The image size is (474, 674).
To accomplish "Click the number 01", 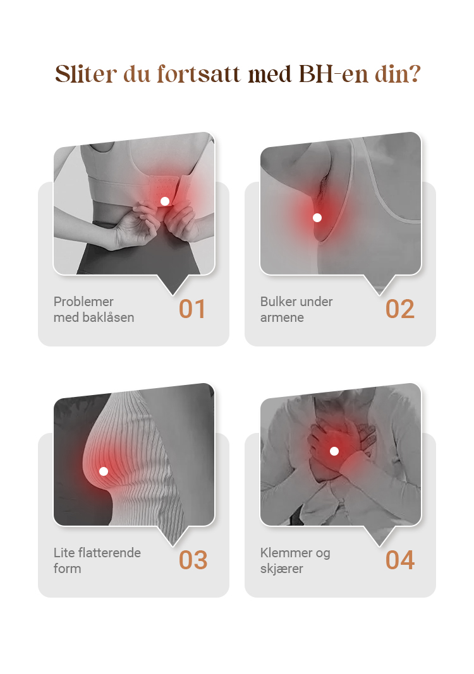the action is coord(192,309).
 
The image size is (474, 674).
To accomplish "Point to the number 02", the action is coord(400,309).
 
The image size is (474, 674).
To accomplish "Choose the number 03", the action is coord(193,560).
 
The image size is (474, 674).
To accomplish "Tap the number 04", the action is coord(400,560).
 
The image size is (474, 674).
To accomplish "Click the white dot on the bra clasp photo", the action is coord(165,201).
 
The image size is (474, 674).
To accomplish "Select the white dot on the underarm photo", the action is coord(317,218).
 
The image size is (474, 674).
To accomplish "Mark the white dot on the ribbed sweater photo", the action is coord(104,471).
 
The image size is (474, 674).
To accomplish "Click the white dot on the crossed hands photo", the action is coord(334,451).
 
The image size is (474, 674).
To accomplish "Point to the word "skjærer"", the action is coord(282,569).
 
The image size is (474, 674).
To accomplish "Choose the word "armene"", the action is coord(282,317).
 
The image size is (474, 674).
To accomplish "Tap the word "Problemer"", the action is coord(83,301).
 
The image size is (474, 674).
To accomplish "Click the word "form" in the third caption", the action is coord(67,569).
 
